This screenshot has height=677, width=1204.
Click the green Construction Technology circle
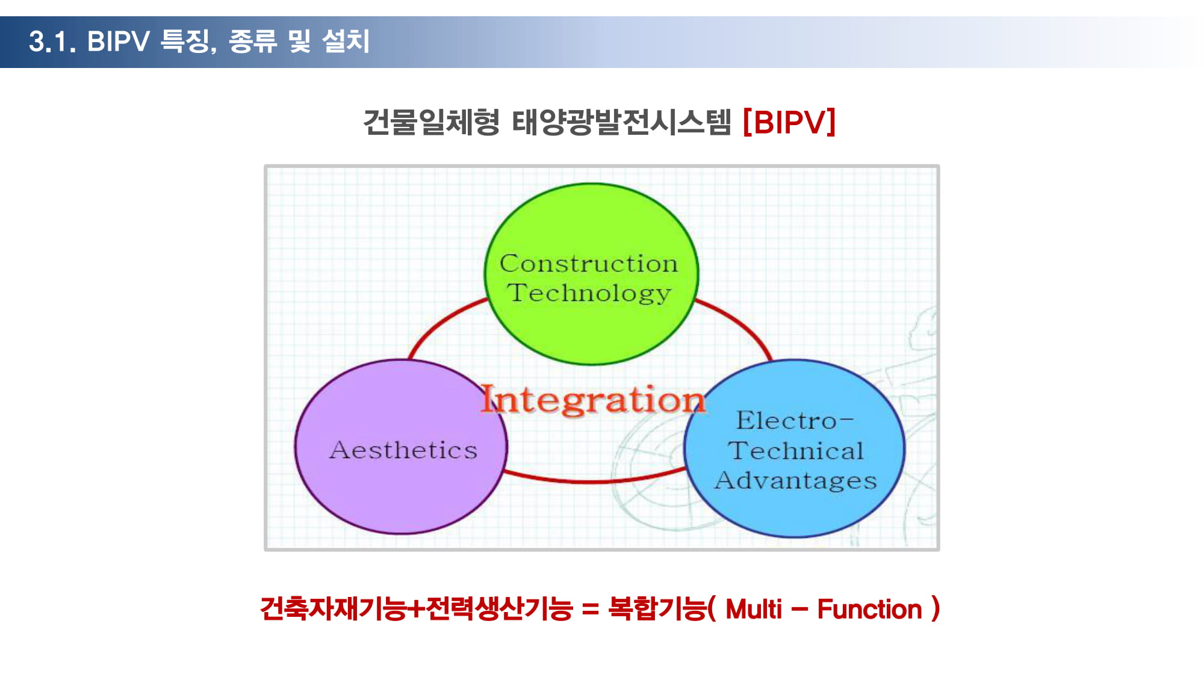tap(591, 274)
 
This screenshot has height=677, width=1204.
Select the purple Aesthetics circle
tap(401, 447)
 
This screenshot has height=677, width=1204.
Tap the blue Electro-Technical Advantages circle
tap(795, 448)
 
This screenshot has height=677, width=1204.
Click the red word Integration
tap(593, 400)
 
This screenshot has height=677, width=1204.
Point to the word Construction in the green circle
tap(589, 264)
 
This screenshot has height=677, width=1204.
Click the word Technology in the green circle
tap(589, 294)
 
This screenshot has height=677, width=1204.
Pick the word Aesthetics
tap(403, 450)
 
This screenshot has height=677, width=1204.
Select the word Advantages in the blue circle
tap(795, 481)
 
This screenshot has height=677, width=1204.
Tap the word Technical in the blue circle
tap(795, 450)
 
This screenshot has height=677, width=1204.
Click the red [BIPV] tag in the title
tap(789, 122)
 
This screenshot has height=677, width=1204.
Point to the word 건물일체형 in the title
tap(431, 122)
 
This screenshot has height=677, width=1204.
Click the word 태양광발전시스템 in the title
tap(621, 122)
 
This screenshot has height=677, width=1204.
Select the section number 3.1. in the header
tap(52, 42)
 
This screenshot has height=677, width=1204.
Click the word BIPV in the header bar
tap(119, 42)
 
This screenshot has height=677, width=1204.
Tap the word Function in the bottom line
tap(869, 609)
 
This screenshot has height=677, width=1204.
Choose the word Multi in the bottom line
tap(754, 609)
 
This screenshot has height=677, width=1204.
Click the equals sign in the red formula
tap(591, 610)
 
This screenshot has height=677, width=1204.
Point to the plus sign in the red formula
tap(416, 610)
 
